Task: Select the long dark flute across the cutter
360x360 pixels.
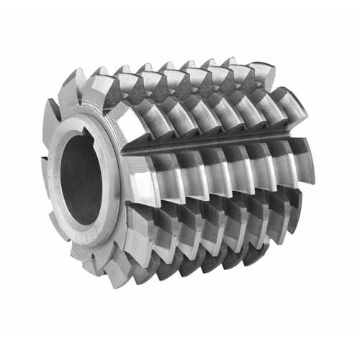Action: [216, 143]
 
